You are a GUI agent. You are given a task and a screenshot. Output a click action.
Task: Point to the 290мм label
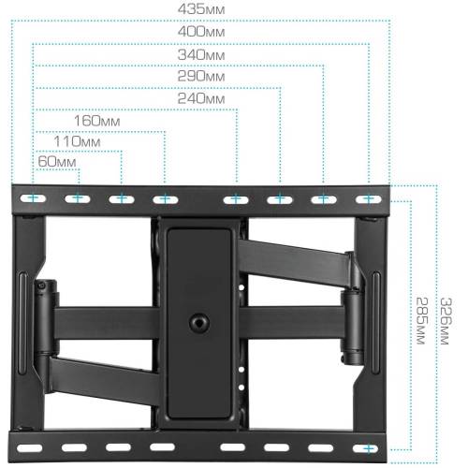pos(201,78)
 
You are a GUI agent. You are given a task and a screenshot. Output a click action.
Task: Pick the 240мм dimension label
pos(201,99)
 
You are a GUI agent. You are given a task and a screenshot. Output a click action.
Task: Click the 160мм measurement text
pos(98,121)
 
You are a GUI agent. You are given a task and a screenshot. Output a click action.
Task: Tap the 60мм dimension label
pos(56,163)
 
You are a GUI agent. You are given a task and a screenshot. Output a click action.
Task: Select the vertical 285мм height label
pos(422,318)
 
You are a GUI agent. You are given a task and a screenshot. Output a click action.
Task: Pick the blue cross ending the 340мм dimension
pos(324,198)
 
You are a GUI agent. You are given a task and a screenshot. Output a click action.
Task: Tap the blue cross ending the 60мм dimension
pos(78,198)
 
